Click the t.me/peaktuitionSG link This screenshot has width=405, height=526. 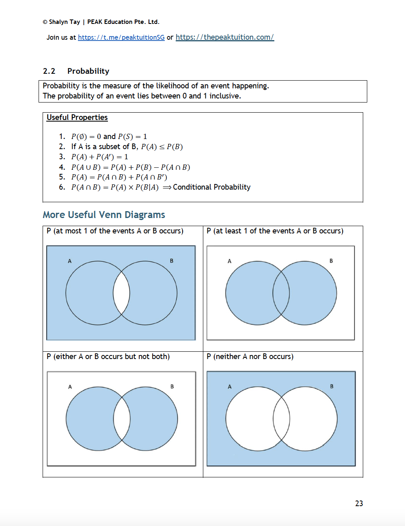[121, 37]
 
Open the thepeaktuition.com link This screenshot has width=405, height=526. [224, 37]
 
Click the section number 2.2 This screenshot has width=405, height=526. [49, 71]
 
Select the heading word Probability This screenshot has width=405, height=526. [88, 71]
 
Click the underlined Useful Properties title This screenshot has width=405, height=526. [77, 118]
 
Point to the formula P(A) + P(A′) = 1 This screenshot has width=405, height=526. [99, 157]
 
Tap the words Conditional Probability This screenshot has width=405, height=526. [211, 187]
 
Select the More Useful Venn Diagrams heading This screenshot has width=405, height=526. [104, 215]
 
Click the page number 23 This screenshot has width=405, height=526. [359, 503]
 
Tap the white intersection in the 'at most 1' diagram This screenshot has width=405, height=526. [121, 293]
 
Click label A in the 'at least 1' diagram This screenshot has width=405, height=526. [229, 261]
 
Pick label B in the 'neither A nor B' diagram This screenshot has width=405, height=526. [332, 387]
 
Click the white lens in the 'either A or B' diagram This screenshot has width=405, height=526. [122, 419]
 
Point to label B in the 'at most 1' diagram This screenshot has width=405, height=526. [171, 261]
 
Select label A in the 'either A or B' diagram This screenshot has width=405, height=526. [70, 387]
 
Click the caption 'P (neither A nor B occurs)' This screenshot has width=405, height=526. [250, 357]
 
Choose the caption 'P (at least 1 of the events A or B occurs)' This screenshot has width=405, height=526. [275, 231]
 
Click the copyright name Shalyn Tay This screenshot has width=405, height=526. [64, 22]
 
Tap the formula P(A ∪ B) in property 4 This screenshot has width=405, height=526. [86, 167]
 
